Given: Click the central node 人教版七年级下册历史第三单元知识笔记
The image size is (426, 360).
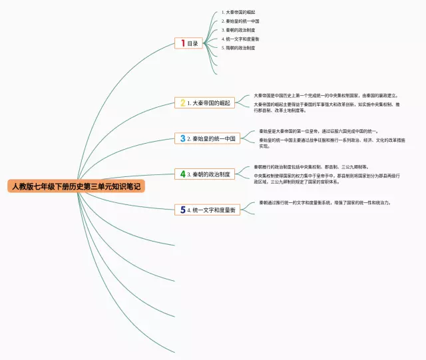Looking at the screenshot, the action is click(x=76, y=186).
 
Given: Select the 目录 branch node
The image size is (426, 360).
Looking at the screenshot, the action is click(x=192, y=43).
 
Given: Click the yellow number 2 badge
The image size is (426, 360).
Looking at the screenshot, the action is click(x=182, y=103).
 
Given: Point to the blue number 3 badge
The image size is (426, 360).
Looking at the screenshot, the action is click(x=182, y=138).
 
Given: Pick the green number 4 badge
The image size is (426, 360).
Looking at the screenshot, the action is click(x=182, y=174).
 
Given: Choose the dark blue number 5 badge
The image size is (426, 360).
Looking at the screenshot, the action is click(x=182, y=210).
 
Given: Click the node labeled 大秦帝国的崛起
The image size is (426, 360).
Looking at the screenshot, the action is click(x=210, y=103).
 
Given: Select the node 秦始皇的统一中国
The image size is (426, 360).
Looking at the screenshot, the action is click(x=214, y=138).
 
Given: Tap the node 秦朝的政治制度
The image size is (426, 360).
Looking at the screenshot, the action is click(x=210, y=174).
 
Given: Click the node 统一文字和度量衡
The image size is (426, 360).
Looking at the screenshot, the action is click(x=214, y=210).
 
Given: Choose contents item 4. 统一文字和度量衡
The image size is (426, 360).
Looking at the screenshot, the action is click(x=240, y=39).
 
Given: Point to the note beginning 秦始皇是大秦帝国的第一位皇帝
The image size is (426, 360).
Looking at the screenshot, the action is click(x=319, y=131).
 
